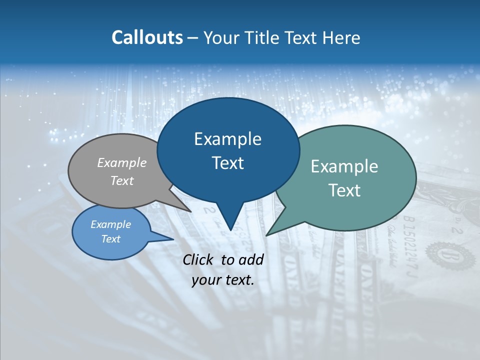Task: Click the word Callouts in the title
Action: click(x=147, y=37)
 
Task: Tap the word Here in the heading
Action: click(x=340, y=37)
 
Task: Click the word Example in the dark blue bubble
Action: click(x=227, y=139)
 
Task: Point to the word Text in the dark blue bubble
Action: click(x=227, y=163)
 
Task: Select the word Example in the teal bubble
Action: click(x=344, y=166)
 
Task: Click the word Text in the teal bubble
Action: click(x=344, y=190)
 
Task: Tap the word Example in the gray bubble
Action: click(x=122, y=162)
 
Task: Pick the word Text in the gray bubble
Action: click(x=122, y=180)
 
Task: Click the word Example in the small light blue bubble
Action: click(x=110, y=224)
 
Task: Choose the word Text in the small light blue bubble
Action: click(x=110, y=239)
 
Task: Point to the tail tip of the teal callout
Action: click(x=266, y=235)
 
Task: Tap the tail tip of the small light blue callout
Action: click(x=173, y=239)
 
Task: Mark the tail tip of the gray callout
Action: click(x=191, y=211)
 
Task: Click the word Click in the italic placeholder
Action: click(x=199, y=259)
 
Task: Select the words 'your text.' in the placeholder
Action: click(x=223, y=280)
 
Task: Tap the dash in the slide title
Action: click(x=193, y=38)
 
